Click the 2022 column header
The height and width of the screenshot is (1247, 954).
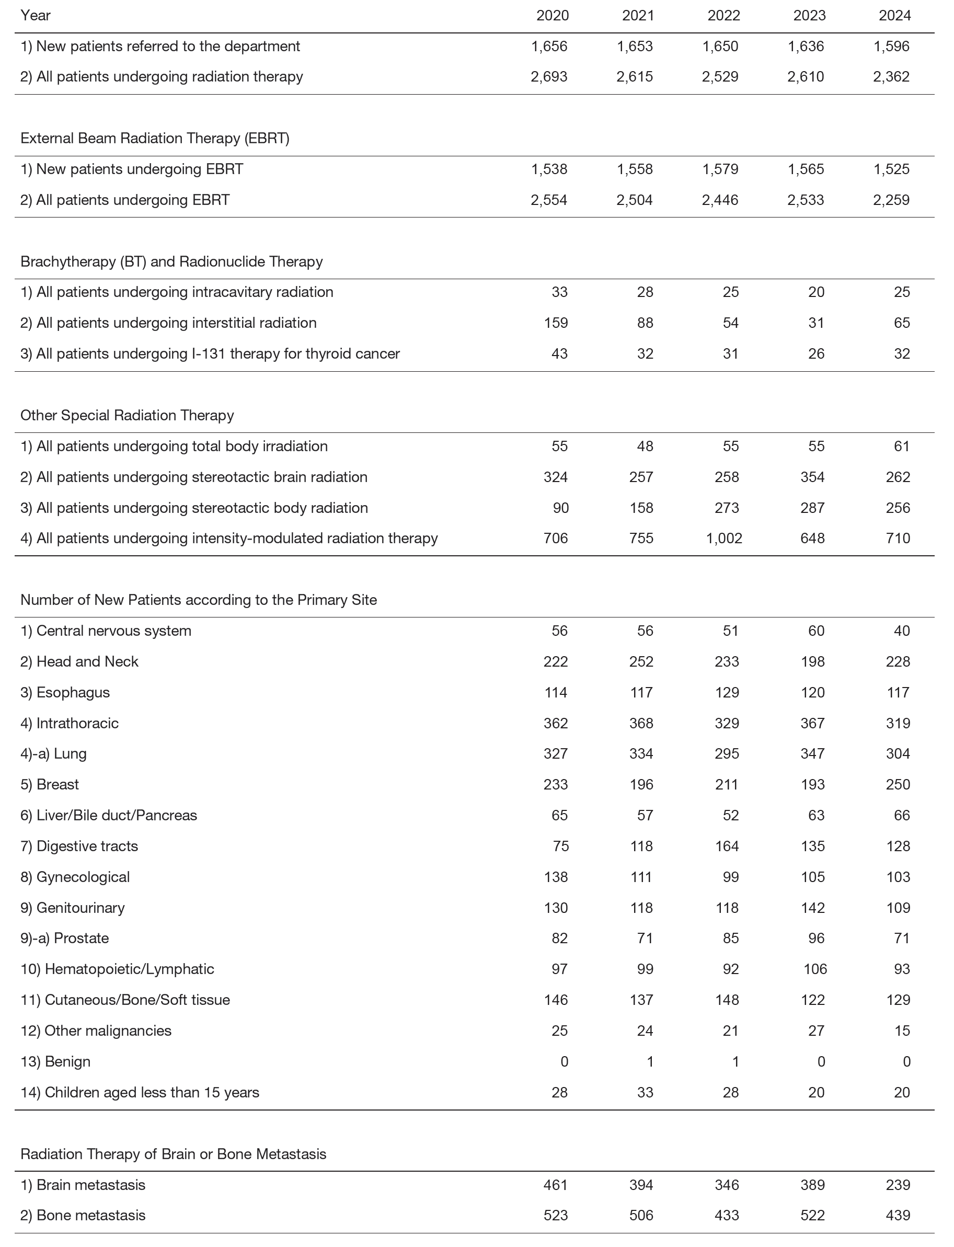pyautogui.click(x=723, y=15)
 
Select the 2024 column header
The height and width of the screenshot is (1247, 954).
pyautogui.click(x=894, y=15)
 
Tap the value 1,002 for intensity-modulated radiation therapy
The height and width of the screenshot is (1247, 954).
pyautogui.click(x=723, y=539)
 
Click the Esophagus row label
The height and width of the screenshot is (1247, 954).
pyautogui.click(x=73, y=692)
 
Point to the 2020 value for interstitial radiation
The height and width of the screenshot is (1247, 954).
pyautogui.click(x=555, y=323)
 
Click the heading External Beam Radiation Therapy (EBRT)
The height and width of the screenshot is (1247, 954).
pyautogui.click(x=155, y=139)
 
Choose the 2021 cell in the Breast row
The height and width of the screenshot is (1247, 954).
pyautogui.click(x=641, y=784)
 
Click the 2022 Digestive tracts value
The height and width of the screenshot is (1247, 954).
pyautogui.click(x=727, y=846)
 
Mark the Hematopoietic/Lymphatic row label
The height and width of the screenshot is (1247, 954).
pyautogui.click(x=118, y=969)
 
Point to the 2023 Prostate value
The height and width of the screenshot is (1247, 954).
pyautogui.click(x=816, y=938)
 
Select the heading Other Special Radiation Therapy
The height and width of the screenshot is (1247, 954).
pyautogui.click(x=127, y=415)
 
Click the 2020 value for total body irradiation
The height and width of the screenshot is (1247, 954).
pyautogui.click(x=559, y=447)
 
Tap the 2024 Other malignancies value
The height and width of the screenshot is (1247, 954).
pyautogui.click(x=902, y=1031)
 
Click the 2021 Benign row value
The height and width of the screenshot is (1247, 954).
pyautogui.click(x=650, y=1061)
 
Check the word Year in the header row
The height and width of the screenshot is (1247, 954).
pyautogui.click(x=35, y=15)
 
